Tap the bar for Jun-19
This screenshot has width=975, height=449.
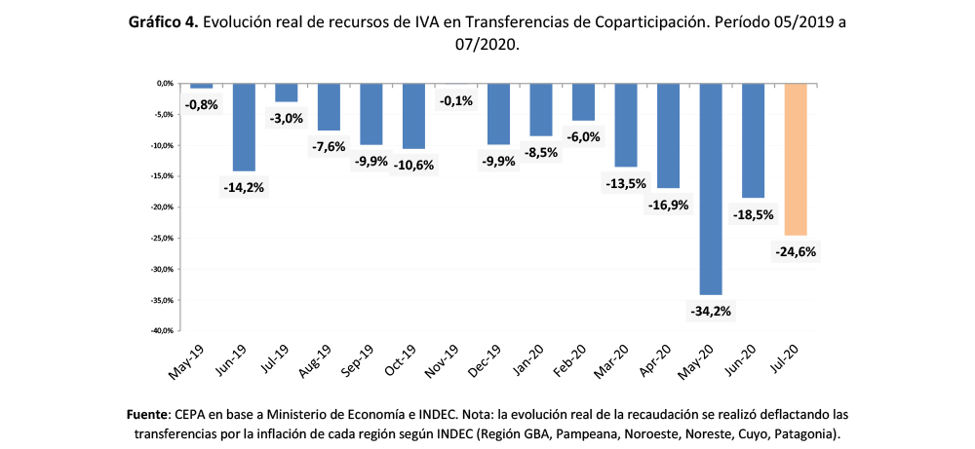[244, 127]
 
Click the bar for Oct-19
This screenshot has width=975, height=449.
[413, 116]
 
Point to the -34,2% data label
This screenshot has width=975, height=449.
[711, 312]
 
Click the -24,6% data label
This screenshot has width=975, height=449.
[797, 252]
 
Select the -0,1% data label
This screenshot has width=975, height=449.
[456, 100]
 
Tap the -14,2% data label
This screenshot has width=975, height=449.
[244, 188]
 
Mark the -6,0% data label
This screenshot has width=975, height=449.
[583, 136]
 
